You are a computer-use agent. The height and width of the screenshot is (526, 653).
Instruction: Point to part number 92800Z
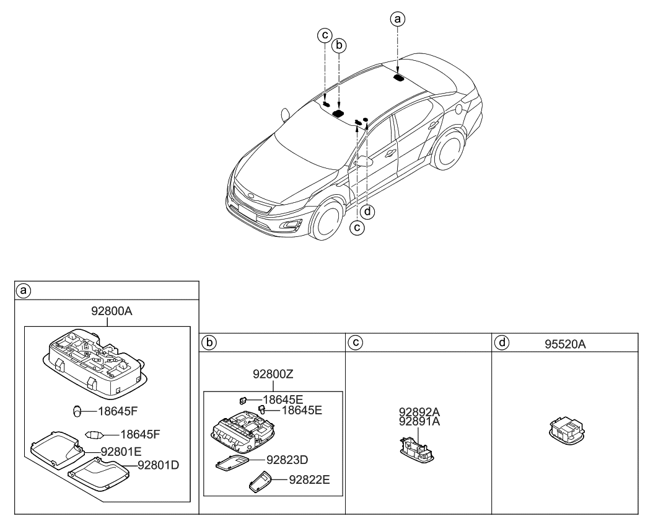[273, 374]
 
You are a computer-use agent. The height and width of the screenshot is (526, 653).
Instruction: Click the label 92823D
[287, 460]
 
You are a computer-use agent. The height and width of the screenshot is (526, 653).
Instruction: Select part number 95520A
[564, 343]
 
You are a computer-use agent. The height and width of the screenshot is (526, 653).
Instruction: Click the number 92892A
[419, 411]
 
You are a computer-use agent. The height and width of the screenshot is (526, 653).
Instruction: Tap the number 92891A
[419, 421]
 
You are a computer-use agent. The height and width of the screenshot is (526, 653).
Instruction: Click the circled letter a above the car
[398, 19]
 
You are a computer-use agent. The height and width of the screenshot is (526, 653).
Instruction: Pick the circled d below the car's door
[368, 212]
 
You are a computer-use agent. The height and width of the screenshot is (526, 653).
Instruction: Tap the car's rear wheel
[448, 146]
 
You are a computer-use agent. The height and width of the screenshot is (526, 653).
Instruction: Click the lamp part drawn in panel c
[416, 450]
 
